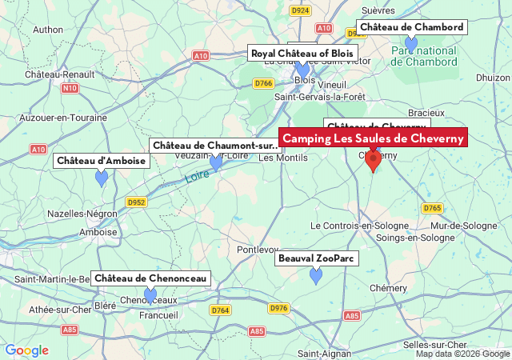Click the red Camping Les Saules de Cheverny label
tap(373, 138)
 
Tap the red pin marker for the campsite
tap(373, 160)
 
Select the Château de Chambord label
tap(411, 27)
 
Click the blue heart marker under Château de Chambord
tap(411, 43)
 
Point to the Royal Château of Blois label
tap(302, 54)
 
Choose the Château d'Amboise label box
tap(102, 161)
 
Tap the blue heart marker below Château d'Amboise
tap(102, 178)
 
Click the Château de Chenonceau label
tap(150, 278)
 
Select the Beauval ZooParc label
tap(317, 259)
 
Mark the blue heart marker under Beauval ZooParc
tap(316, 276)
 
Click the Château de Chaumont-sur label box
tap(215, 145)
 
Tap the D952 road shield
tap(136, 202)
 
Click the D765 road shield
tap(432, 208)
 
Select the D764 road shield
tap(220, 310)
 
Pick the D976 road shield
tap(278, 308)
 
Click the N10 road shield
tap(70, 89)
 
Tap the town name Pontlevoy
tap(258, 250)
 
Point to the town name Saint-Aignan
tap(305, 353)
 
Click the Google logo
tap(26, 350)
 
